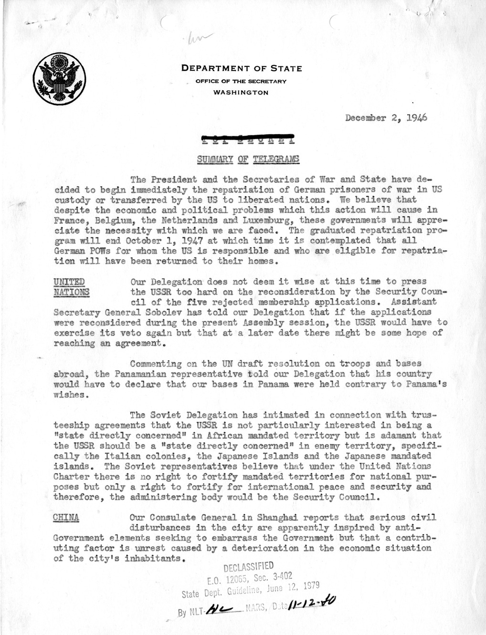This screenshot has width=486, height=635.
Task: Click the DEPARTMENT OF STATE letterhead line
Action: [x=241, y=68]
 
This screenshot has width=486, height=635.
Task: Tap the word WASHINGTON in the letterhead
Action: [x=241, y=93]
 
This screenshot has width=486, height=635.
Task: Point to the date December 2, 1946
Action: [x=386, y=118]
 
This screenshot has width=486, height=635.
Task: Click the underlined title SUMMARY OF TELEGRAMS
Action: [x=248, y=159]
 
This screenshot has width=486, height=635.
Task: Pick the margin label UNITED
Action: [x=69, y=282]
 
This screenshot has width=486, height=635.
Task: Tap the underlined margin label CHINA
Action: [x=66, y=518]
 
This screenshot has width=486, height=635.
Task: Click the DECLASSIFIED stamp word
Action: [x=248, y=567]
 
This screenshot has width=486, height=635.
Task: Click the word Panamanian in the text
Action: [x=136, y=374]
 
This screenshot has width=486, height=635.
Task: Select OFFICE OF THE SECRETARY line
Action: [x=241, y=81]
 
